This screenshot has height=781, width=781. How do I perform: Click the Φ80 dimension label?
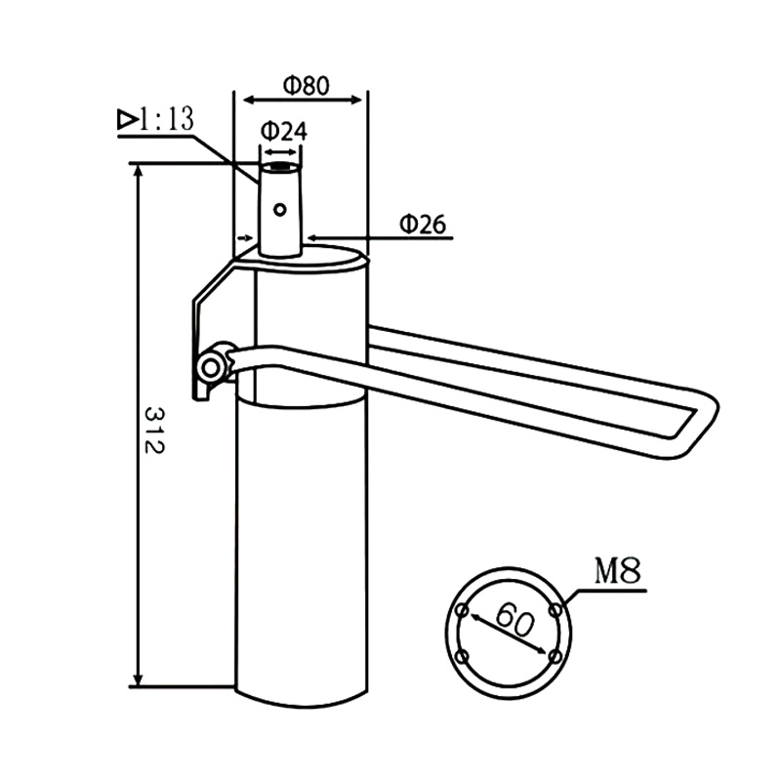(305, 84)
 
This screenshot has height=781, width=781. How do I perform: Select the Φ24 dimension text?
(283, 130)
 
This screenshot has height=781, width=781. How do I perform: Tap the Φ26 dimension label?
(422, 224)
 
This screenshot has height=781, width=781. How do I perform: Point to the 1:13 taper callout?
(165, 120)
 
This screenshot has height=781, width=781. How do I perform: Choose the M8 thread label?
(618, 571)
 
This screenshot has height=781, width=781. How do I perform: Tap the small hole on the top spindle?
(280, 208)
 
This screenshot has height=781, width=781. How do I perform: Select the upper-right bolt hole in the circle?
(555, 610)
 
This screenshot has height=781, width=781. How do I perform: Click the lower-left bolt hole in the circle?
(465, 655)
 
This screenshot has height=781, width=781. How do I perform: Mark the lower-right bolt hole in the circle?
(554, 656)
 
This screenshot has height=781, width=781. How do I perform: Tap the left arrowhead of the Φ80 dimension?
(244, 99)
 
